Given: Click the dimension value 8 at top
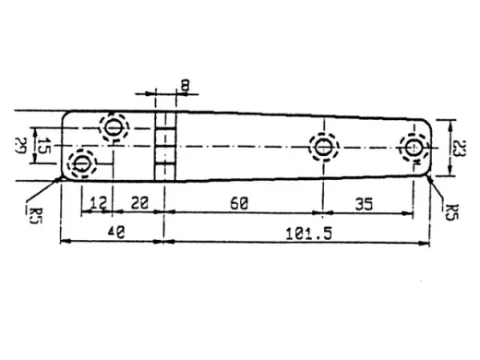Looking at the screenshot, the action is coord(186,86).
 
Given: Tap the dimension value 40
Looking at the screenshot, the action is coord(115,234).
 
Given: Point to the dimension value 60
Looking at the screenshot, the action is coord(238,204).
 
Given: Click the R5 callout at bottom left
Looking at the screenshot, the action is coord(34,214).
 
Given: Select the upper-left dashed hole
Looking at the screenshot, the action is coord(114,126).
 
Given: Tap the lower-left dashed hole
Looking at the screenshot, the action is coord(81,164).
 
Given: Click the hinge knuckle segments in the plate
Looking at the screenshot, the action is coord(164,146).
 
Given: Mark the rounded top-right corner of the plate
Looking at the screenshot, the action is coord(426,123).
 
